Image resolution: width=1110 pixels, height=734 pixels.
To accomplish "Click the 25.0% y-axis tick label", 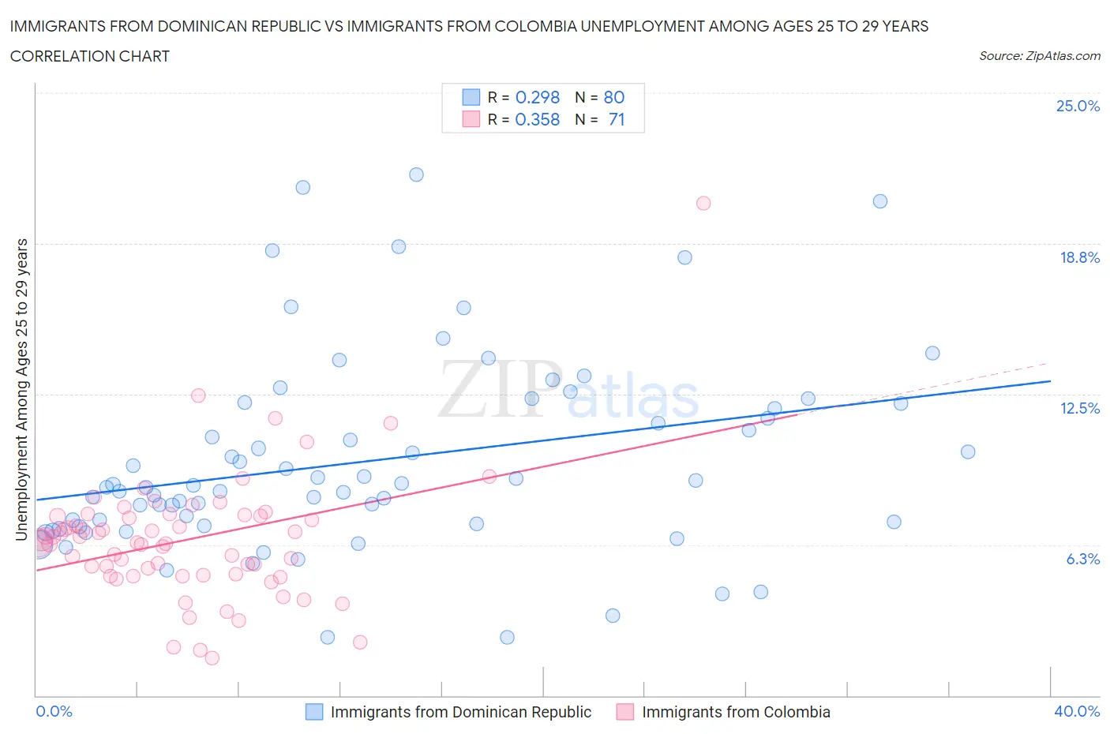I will click(1078, 106).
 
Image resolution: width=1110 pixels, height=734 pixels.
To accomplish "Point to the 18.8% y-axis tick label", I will click(1079, 257).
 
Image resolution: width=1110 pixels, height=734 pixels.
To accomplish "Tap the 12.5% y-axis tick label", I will click(1079, 408).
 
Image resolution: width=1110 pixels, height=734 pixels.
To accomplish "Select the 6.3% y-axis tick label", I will click(1082, 559).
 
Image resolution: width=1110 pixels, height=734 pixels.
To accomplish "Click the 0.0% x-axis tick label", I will click(54, 711).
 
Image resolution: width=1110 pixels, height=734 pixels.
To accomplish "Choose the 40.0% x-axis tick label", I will click(1077, 711).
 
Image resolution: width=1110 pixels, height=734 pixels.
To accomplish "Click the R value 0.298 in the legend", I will click(537, 97).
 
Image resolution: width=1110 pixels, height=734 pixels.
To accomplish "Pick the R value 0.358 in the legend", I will click(537, 119).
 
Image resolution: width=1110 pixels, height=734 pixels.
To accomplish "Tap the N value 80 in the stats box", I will click(613, 97).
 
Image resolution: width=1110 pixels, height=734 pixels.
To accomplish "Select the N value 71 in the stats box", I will click(616, 119).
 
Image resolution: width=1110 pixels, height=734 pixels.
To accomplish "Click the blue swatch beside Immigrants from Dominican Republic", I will click(314, 712).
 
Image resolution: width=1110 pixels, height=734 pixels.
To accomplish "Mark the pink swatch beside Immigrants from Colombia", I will click(625, 712).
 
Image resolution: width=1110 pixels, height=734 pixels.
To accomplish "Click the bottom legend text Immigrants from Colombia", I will click(736, 712).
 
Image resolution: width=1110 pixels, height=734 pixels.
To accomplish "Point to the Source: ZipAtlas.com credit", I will click(1039, 56).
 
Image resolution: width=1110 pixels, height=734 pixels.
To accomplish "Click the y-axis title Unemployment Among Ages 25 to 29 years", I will click(22, 389).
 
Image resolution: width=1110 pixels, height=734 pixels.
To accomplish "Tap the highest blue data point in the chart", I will click(416, 174).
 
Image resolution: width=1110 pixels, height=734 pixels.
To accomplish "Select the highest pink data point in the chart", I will click(703, 203).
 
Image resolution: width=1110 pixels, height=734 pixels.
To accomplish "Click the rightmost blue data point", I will click(968, 451).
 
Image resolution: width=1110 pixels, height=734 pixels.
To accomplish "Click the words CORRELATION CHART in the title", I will click(90, 56).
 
